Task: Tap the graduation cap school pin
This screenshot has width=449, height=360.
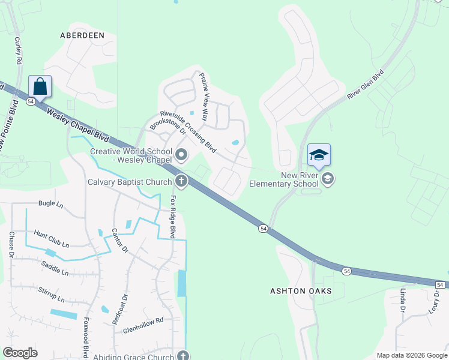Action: pyautogui.click(x=319, y=155)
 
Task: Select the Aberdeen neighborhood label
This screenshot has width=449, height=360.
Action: pyautogui.click(x=82, y=35)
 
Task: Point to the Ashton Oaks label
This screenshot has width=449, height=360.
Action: pyautogui.click(x=300, y=291)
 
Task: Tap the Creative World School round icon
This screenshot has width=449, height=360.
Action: pyautogui.click(x=181, y=157)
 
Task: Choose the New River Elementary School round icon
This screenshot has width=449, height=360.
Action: pyautogui.click(x=328, y=178)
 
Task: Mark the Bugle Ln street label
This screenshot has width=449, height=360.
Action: pyautogui.click(x=50, y=204)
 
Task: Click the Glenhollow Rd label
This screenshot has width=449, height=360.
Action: pyautogui.click(x=143, y=322)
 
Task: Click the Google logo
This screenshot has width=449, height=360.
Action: pyautogui.click(x=20, y=353)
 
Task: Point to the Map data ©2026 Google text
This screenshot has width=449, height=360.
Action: pyautogui.click(x=411, y=355)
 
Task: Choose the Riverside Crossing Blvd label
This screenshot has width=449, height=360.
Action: pyautogui.click(x=187, y=131)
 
